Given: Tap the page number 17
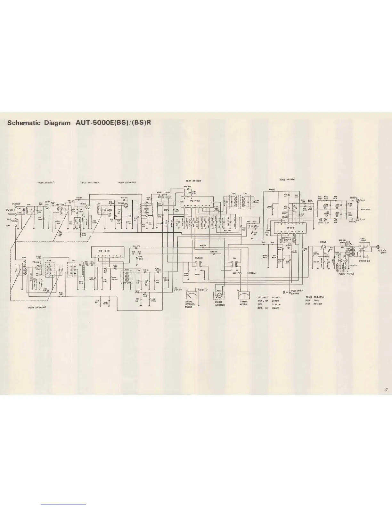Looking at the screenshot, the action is tap(386, 390).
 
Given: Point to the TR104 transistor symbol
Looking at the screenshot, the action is tap(36, 266).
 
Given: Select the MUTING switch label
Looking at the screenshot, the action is tap(199, 258).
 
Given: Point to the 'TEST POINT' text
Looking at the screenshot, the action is tap(295, 291).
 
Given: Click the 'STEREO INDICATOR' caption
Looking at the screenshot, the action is tap(220, 303).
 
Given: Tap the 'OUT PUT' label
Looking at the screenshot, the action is tap(365, 210).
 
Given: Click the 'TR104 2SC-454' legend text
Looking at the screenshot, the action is tap(37, 308).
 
